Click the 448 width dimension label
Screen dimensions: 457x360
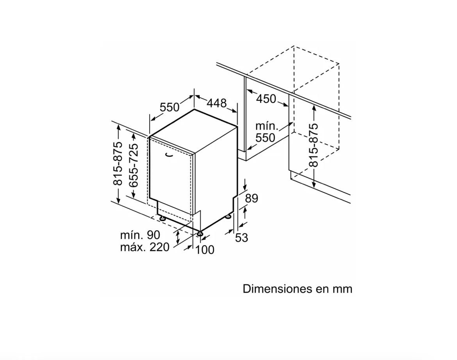[x=216, y=103]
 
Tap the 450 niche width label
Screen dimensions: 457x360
[x=266, y=99]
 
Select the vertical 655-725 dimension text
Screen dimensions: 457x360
[x=134, y=165]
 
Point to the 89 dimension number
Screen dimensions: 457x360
[x=251, y=199]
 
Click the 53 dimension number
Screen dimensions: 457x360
[x=241, y=238]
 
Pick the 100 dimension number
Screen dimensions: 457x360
[x=205, y=250]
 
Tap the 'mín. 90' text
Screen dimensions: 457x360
[x=140, y=235]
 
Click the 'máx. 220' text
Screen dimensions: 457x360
[x=145, y=247]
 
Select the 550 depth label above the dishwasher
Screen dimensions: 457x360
[x=170, y=107]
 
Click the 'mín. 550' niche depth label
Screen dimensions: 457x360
[x=265, y=132]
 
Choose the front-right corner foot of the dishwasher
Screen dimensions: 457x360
[x=200, y=233]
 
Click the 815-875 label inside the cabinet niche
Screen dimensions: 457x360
[x=314, y=145]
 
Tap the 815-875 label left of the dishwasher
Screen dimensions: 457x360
[x=118, y=163]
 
